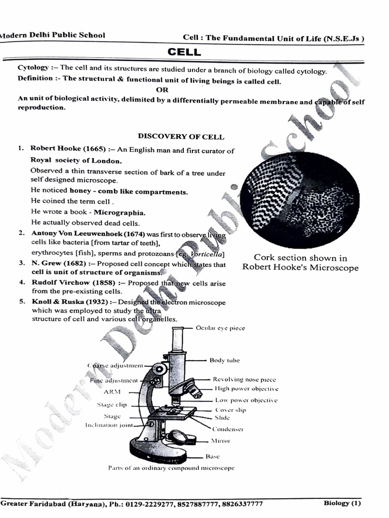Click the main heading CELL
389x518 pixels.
pos(184,52)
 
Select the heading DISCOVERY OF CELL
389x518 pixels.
pos(181,137)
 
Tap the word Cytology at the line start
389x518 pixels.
pos(33,68)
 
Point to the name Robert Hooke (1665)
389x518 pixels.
pos(67,149)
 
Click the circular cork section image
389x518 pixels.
pos(299,200)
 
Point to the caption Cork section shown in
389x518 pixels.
pos(300,257)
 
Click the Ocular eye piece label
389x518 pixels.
pos(220,328)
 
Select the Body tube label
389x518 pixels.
pos(224,361)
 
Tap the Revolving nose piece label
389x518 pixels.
pos(244,379)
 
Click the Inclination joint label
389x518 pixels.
pos(109,425)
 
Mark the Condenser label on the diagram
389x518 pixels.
pos(227,429)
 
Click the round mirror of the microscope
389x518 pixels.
pos(178,436)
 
